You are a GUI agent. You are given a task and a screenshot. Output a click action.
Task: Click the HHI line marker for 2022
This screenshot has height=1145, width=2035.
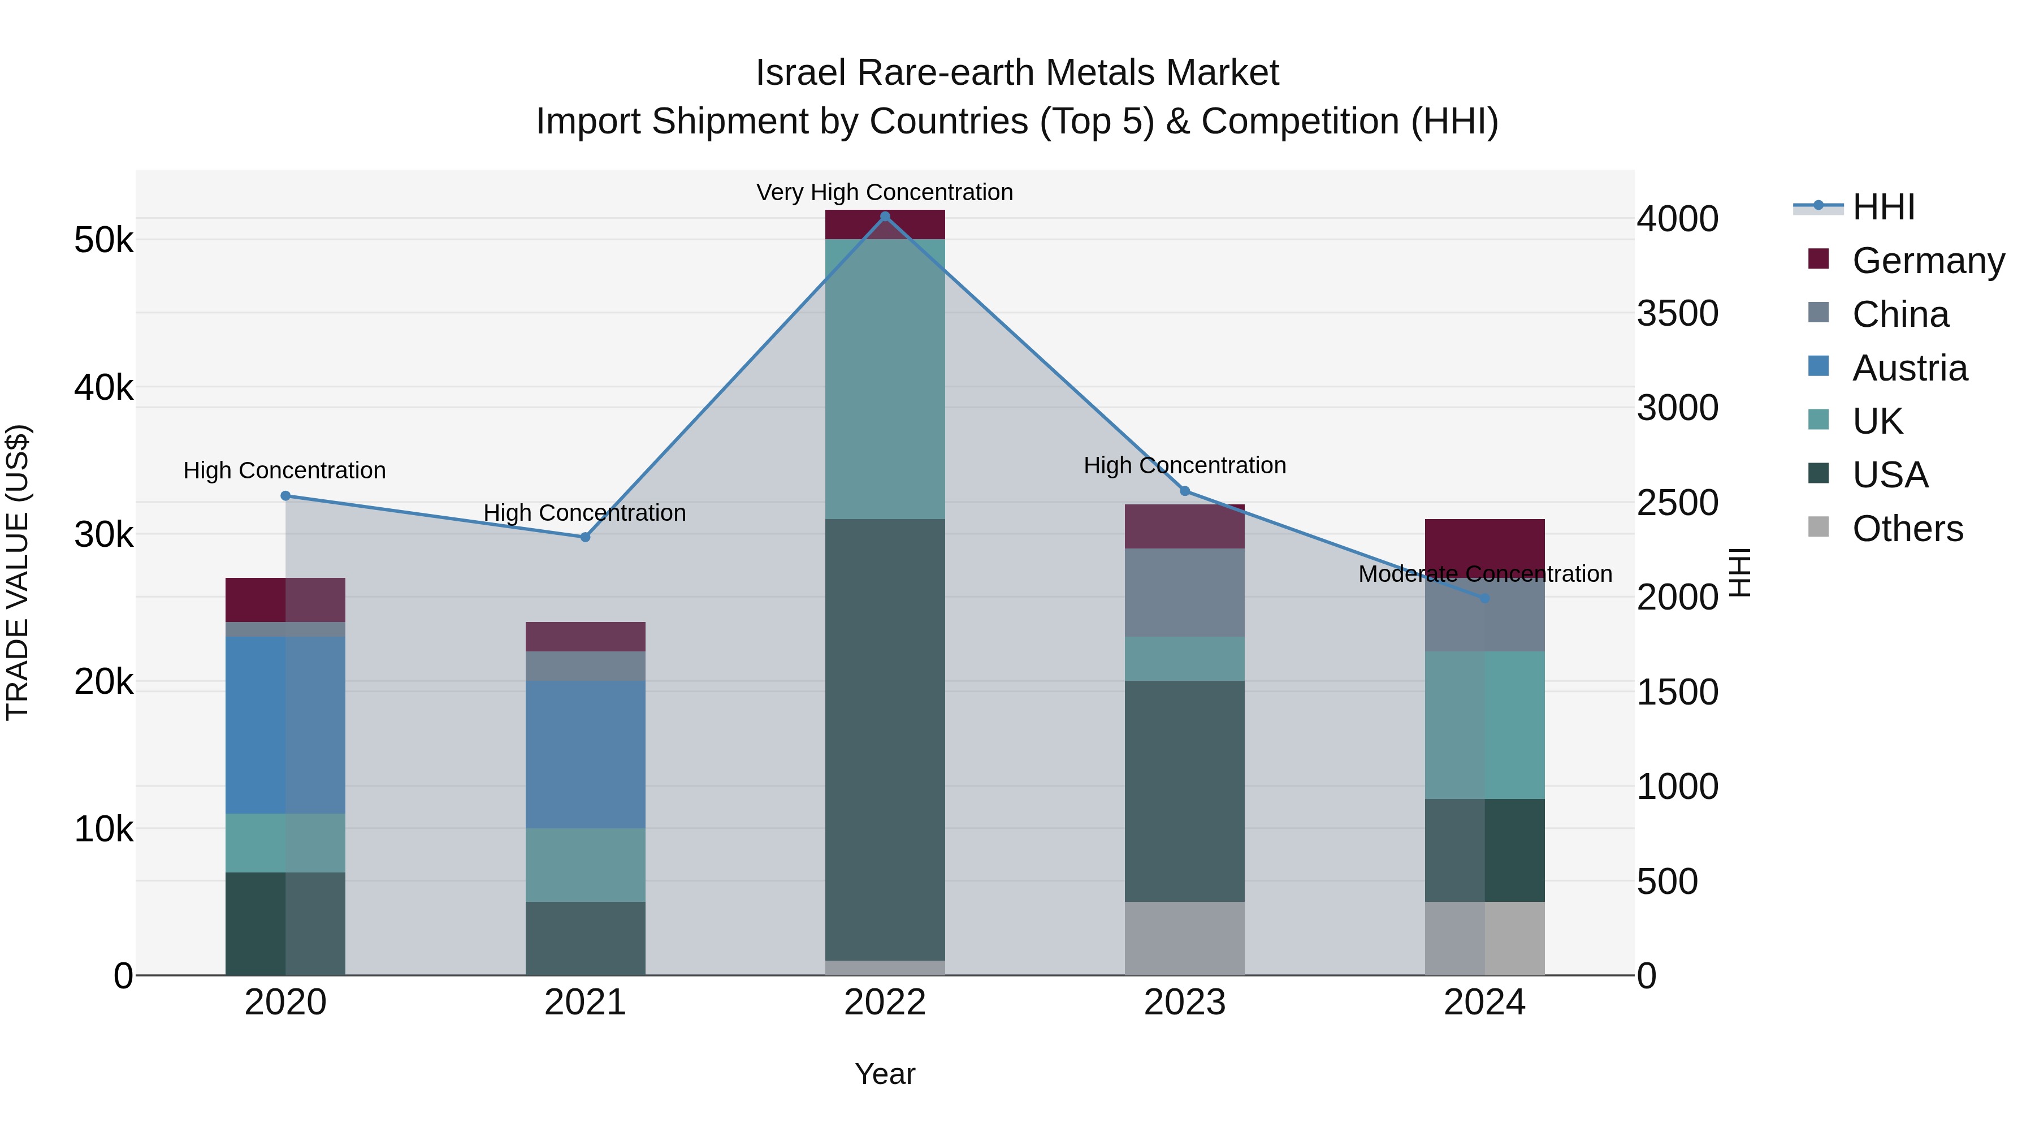click(885, 217)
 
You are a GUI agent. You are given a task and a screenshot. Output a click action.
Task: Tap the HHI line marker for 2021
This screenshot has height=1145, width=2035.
click(586, 537)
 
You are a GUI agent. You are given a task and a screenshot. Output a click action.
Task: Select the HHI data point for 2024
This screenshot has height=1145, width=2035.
click(1484, 599)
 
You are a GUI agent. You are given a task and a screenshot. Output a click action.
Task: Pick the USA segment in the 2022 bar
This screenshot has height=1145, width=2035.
click(885, 739)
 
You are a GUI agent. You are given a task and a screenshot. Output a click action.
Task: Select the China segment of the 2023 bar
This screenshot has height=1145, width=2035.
click(1184, 592)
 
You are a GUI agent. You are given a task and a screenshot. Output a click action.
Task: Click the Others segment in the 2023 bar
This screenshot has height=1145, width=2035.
click(1184, 938)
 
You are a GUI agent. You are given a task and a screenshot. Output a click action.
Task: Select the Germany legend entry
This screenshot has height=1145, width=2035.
click(1928, 261)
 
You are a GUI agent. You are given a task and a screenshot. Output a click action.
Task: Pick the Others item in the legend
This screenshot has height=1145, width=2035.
click(1907, 529)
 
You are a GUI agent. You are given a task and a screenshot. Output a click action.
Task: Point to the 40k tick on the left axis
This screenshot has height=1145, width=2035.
click(103, 388)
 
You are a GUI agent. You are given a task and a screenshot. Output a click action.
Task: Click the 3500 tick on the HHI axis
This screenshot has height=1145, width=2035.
click(1677, 314)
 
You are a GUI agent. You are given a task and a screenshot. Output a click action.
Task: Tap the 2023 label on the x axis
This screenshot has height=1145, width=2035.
click(1184, 1003)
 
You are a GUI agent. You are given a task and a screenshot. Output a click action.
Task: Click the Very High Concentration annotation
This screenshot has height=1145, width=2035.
click(884, 192)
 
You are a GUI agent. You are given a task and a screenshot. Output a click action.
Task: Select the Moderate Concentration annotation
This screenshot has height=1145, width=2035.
click(1484, 574)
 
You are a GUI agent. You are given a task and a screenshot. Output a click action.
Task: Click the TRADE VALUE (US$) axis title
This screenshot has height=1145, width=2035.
click(18, 572)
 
